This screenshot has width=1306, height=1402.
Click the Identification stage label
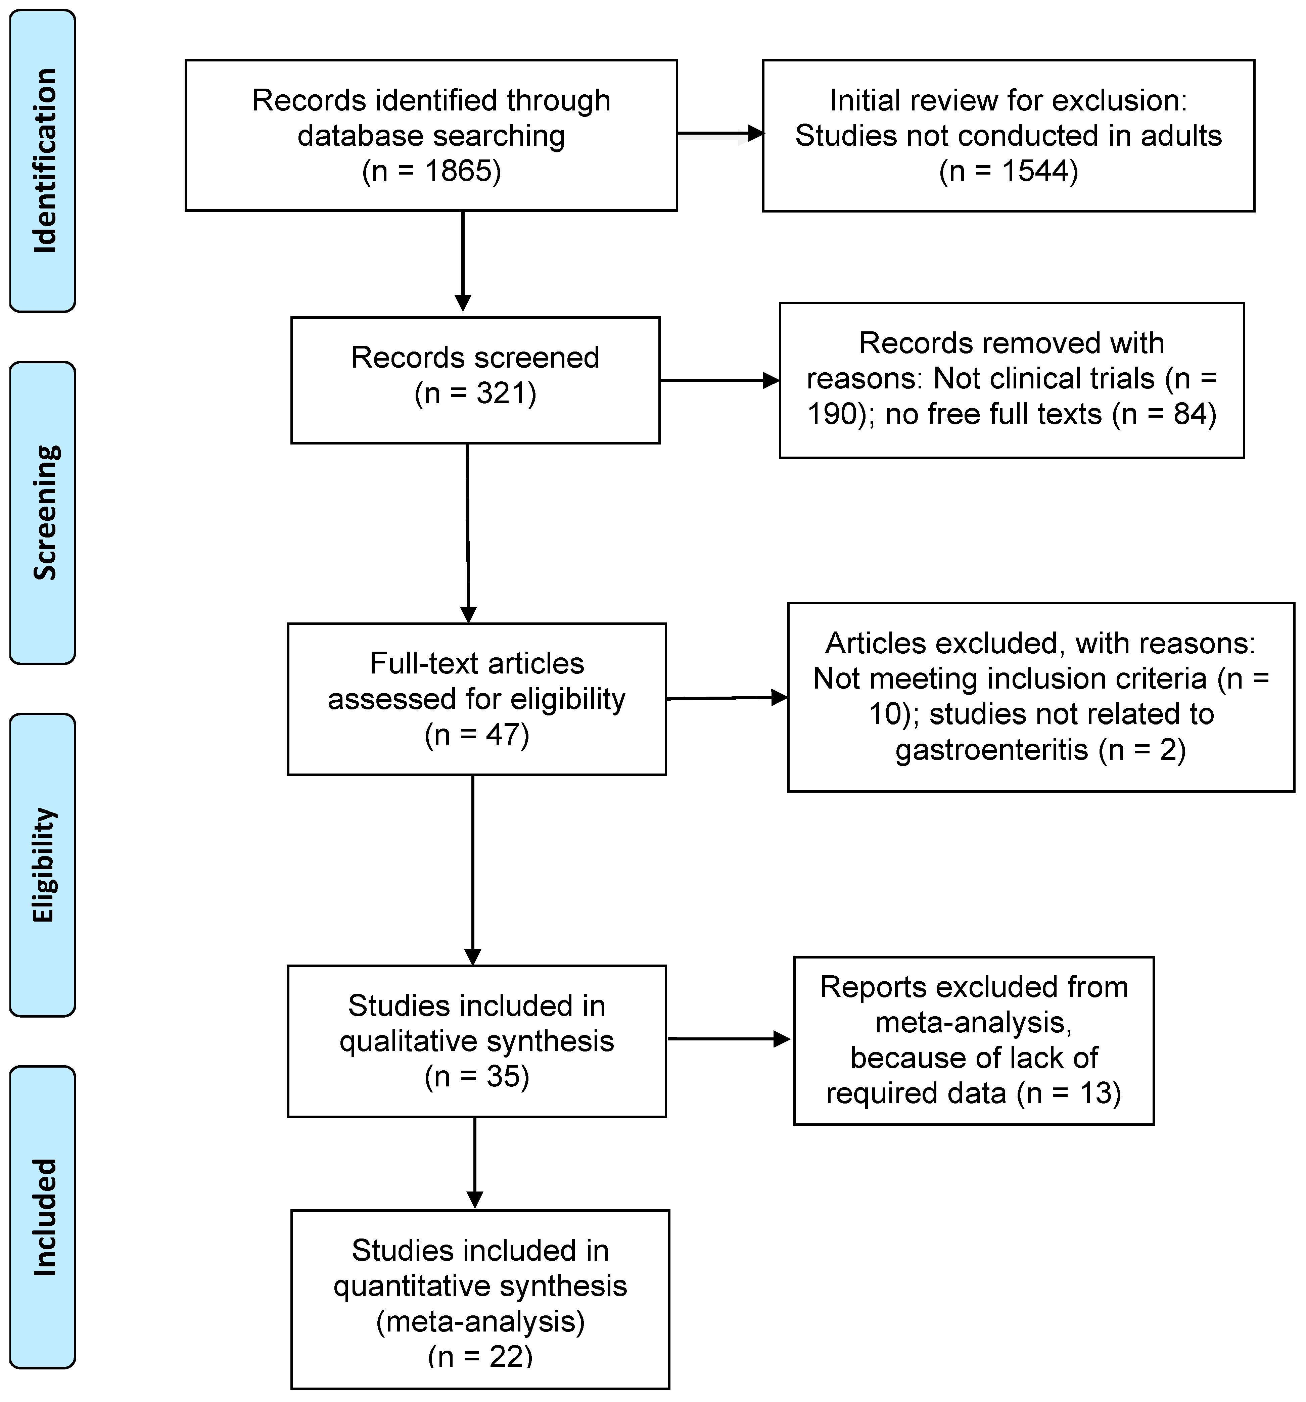click(x=44, y=161)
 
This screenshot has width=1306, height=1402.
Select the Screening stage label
click(x=44, y=513)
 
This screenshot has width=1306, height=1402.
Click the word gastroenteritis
click(x=991, y=749)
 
